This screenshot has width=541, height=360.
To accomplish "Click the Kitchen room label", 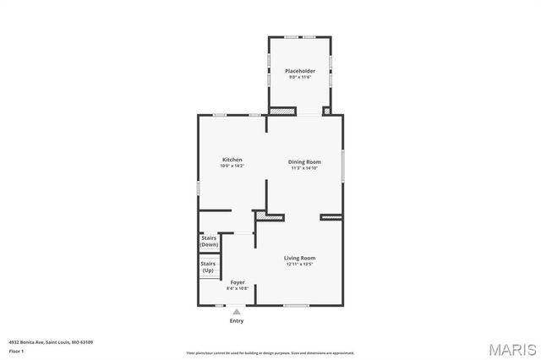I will [232, 160].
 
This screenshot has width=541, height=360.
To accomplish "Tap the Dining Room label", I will [304, 161].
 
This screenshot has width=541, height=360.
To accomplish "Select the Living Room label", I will [300, 258].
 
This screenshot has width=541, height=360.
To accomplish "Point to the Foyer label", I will [238, 282].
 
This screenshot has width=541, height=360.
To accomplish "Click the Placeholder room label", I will [300, 71].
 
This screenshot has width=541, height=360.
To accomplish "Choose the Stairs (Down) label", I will [208, 241].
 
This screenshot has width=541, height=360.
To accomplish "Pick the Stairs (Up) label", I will [208, 267].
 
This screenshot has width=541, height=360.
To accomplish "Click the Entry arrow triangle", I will [237, 312].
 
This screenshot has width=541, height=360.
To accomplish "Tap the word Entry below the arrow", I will [237, 321].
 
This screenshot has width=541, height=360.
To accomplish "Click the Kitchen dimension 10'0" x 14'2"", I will [232, 166].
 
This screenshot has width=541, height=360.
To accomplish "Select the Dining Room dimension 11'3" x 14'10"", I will [304, 168].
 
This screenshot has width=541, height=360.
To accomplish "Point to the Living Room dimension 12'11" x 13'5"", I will [300, 265].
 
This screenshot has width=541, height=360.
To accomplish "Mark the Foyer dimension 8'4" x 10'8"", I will [237, 289].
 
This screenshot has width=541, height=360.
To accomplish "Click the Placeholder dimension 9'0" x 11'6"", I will [300, 78].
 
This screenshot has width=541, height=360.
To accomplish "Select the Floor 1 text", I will [16, 351].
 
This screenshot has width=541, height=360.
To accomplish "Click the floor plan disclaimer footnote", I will [270, 353].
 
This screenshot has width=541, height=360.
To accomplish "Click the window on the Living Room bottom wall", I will [295, 305].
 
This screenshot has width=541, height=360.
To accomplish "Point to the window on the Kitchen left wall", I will [199, 188].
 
